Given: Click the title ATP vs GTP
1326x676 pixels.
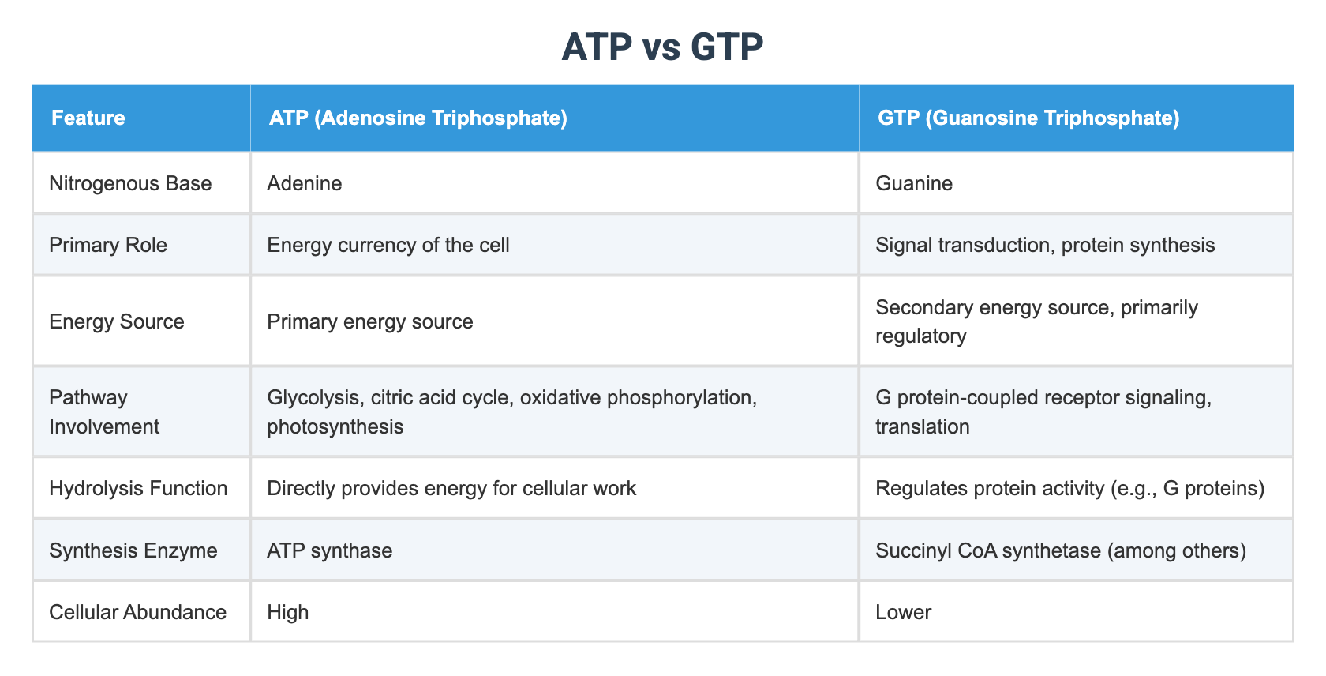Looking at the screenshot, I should pyautogui.click(x=662, y=47).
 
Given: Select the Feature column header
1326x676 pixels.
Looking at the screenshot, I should pyautogui.click(x=88, y=118).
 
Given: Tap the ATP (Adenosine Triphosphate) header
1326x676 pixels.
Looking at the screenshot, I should pyautogui.click(x=418, y=118).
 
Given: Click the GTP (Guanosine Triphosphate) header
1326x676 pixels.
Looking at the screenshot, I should pyautogui.click(x=1028, y=118).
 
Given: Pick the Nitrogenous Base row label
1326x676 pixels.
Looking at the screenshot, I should pyautogui.click(x=130, y=183).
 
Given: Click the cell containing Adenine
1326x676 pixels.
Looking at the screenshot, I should pyautogui.click(x=305, y=183).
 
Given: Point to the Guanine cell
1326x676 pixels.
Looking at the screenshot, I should pyautogui.click(x=914, y=183).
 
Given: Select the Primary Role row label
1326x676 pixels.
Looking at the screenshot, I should pyautogui.click(x=108, y=245).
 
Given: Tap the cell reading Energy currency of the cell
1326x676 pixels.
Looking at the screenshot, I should pyautogui.click(x=388, y=245).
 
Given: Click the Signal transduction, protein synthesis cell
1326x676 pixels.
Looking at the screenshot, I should pyautogui.click(x=1045, y=245).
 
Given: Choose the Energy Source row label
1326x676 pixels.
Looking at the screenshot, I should pyautogui.click(x=117, y=321).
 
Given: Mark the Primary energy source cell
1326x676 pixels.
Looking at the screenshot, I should pyautogui.click(x=370, y=321).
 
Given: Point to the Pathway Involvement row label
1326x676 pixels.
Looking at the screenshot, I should pyautogui.click(x=104, y=411).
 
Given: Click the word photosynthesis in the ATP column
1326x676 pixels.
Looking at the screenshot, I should pyautogui.click(x=335, y=426).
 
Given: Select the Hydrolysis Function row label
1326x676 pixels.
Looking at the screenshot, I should pyautogui.click(x=138, y=488).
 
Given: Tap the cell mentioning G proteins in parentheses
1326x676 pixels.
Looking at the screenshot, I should pyautogui.click(x=1069, y=488).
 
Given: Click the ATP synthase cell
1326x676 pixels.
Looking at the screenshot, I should pyautogui.click(x=330, y=550).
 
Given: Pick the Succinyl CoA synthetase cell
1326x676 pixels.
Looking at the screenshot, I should pyautogui.click(x=1061, y=550).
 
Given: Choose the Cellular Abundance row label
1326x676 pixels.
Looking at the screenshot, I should pyautogui.click(x=137, y=612).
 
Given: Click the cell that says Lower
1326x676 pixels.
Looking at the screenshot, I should pyautogui.click(x=903, y=612).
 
